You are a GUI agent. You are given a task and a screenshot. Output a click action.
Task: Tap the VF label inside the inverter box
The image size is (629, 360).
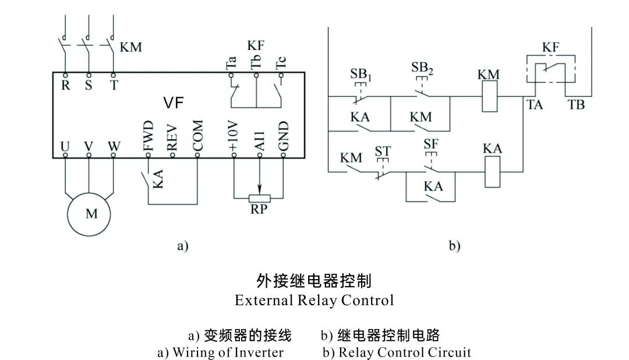[x=174, y=103]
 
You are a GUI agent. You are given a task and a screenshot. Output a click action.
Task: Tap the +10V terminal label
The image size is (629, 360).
[x=234, y=137]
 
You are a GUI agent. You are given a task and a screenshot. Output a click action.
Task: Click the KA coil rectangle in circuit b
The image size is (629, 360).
[x=493, y=172]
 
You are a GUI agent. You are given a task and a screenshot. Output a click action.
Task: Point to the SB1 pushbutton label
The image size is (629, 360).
[x=360, y=74]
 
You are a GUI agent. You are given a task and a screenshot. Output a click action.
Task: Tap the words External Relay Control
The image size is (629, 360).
[x=314, y=301]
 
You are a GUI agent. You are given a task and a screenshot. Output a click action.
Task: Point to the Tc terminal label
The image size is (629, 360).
[x=281, y=63]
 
